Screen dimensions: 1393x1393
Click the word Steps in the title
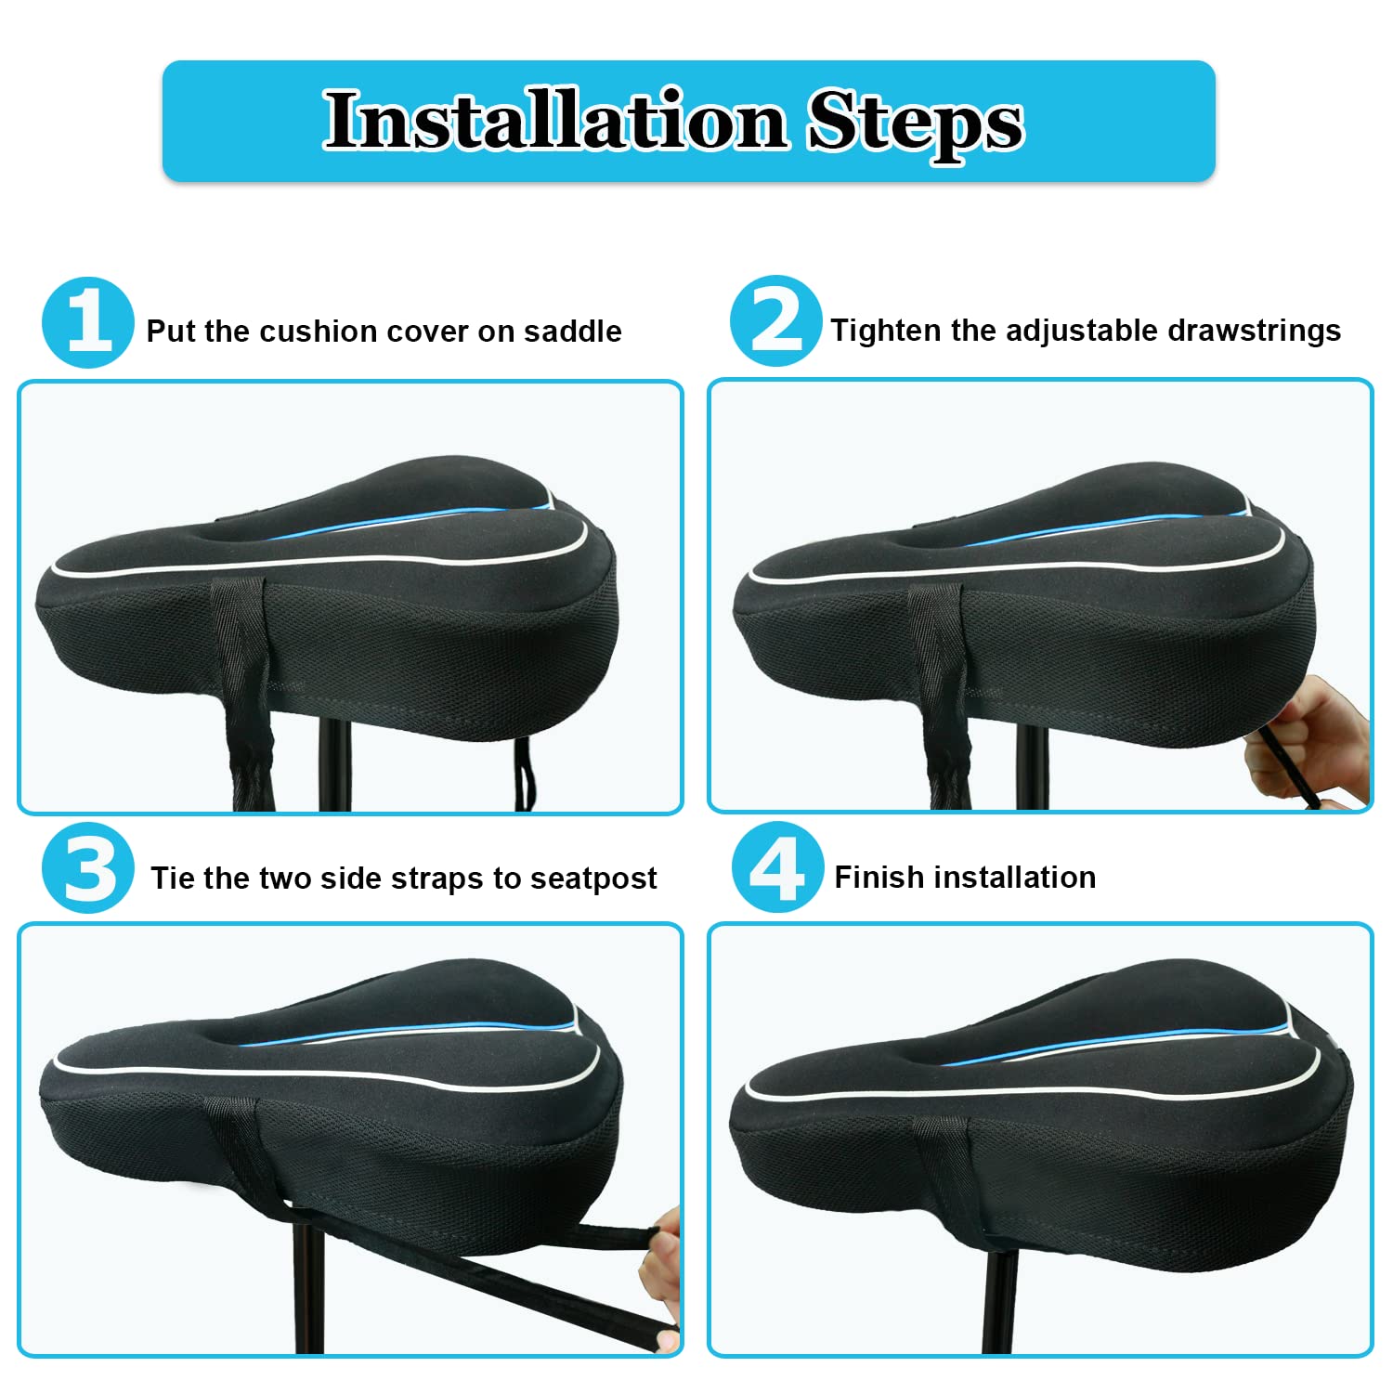coord(916,124)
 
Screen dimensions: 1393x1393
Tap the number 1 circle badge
coord(88,322)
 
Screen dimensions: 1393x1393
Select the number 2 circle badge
coord(775,321)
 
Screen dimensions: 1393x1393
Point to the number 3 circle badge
coord(88,868)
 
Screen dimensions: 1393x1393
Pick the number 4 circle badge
coord(777,867)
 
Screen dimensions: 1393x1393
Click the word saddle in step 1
coord(573,332)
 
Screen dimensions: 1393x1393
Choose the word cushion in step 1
coord(319,332)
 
